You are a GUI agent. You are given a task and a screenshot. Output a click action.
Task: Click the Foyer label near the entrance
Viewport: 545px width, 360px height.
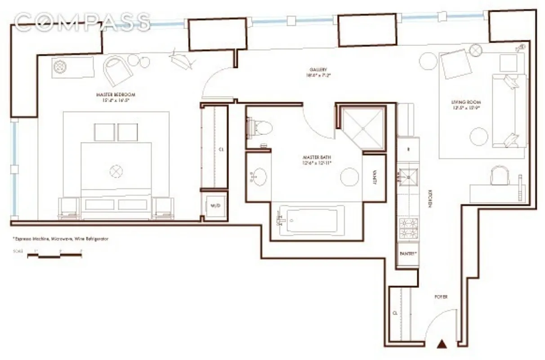click(x=441, y=297)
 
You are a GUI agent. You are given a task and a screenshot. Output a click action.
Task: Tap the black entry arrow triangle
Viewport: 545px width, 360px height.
click(x=442, y=345)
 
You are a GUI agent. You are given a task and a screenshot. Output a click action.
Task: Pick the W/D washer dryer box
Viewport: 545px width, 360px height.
click(x=214, y=206)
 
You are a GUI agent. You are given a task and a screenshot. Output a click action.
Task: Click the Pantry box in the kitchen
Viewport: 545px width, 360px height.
click(x=408, y=253)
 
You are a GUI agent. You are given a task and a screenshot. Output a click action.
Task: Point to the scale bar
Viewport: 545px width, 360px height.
click(x=54, y=255)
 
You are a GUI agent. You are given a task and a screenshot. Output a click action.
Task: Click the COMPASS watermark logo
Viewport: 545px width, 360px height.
click(x=82, y=22)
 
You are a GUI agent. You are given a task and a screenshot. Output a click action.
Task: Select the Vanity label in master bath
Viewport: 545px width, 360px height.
click(x=375, y=178)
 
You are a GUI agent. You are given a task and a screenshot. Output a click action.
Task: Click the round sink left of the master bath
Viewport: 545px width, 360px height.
click(x=258, y=176)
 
